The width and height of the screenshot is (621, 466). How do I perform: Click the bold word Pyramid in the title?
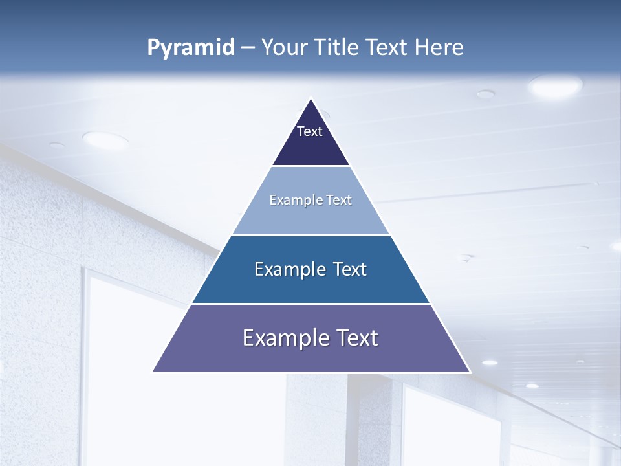[x=191, y=48]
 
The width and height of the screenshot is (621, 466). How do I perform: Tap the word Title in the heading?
[x=336, y=48]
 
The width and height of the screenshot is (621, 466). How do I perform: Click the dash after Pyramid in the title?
[x=248, y=48]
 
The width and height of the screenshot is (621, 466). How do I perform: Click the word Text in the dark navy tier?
[x=310, y=131]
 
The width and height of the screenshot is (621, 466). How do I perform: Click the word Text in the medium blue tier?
[x=349, y=269]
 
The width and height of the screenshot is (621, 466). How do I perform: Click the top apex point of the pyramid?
[x=311, y=99]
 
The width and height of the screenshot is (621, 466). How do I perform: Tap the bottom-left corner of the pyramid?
[x=153, y=372]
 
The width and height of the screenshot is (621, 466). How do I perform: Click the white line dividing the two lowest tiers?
[x=310, y=304]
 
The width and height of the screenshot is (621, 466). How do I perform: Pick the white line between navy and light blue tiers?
[x=310, y=166]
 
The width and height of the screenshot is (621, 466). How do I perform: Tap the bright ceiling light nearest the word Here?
[x=555, y=86]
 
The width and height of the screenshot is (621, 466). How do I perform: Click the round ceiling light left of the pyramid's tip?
[x=105, y=139]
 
